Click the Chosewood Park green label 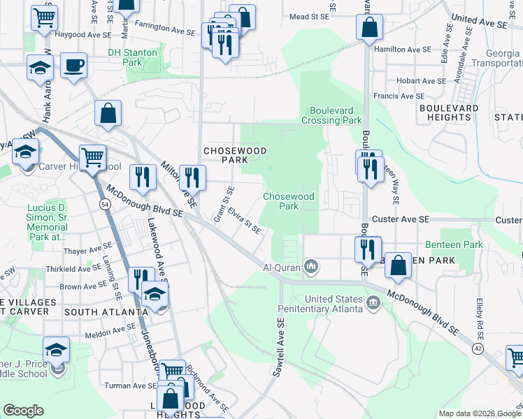[x=289, y=201]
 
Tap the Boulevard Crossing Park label [x=331, y=115]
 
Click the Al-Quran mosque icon [x=312, y=267]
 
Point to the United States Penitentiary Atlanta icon [x=373, y=302]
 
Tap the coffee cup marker [x=73, y=66]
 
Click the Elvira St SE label [x=249, y=221]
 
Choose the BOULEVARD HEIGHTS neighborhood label [x=445, y=112]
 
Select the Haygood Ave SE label [x=78, y=33]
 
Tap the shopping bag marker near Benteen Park [x=398, y=265]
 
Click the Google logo [x=24, y=411]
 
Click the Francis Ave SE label [x=399, y=96]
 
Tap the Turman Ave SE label [x=129, y=385]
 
